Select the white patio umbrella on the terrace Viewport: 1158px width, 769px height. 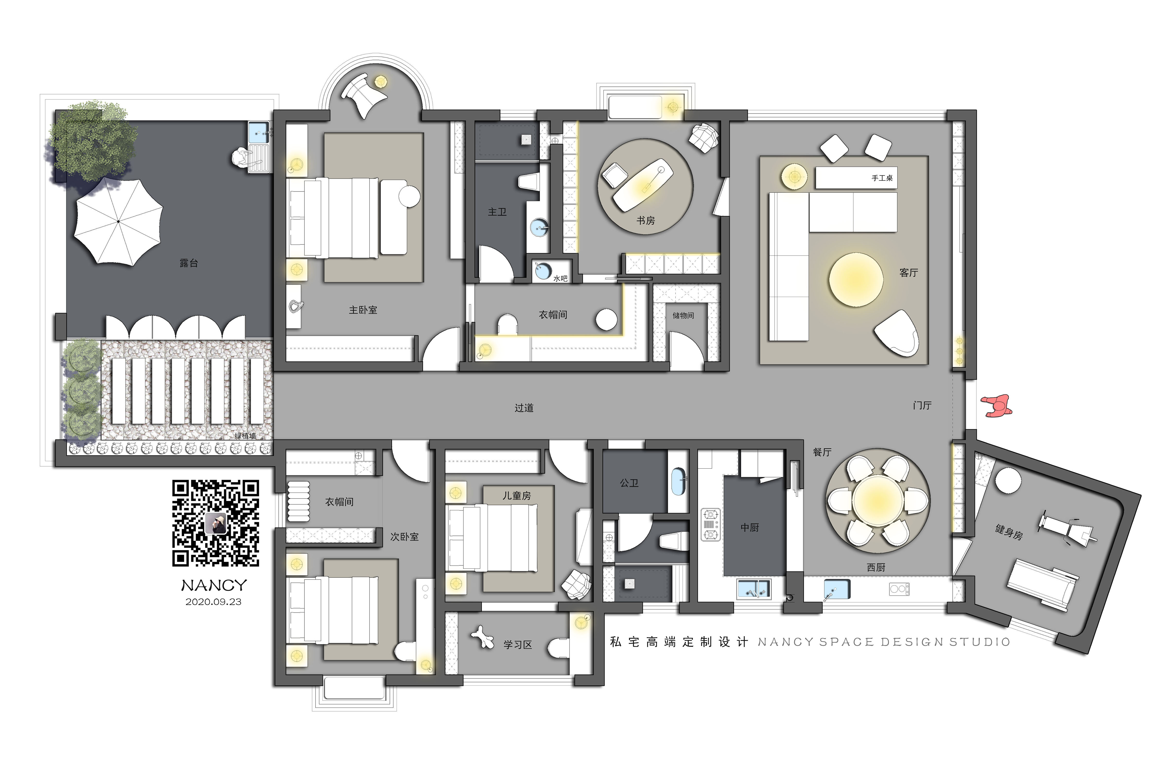(118, 222)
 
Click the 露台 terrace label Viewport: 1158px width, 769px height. (189, 263)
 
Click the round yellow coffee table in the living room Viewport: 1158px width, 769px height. (856, 279)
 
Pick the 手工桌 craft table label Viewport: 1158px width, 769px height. (882, 178)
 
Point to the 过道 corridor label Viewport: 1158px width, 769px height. (524, 408)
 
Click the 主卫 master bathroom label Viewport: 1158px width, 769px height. (497, 212)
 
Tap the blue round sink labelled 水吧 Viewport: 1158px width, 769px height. (543, 271)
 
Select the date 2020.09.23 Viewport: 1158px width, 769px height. (213, 602)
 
